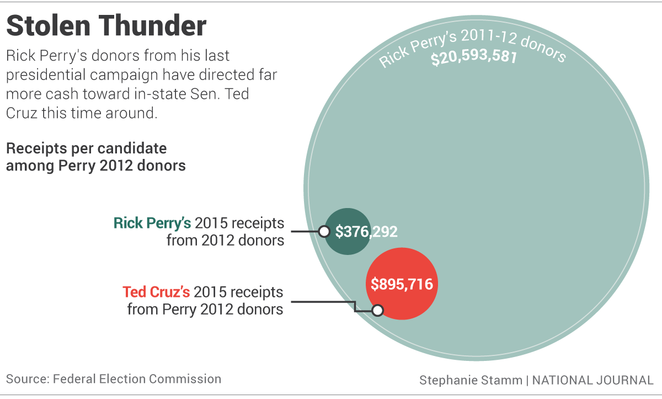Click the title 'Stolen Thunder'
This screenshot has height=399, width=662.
click(x=106, y=26)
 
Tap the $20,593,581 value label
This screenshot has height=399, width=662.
click(x=474, y=58)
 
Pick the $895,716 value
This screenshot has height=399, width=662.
click(x=402, y=284)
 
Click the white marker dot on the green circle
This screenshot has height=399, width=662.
click(x=324, y=231)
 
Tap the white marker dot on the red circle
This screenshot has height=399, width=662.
click(x=377, y=310)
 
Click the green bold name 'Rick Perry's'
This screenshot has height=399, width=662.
click(x=152, y=223)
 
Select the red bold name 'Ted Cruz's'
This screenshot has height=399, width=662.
click(x=156, y=291)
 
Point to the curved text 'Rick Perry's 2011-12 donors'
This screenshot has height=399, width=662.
click(x=472, y=44)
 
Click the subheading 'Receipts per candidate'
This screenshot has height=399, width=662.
click(x=86, y=148)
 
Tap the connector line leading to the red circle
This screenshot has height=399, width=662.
click(x=325, y=302)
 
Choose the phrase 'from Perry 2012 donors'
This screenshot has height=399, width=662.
click(x=205, y=308)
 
